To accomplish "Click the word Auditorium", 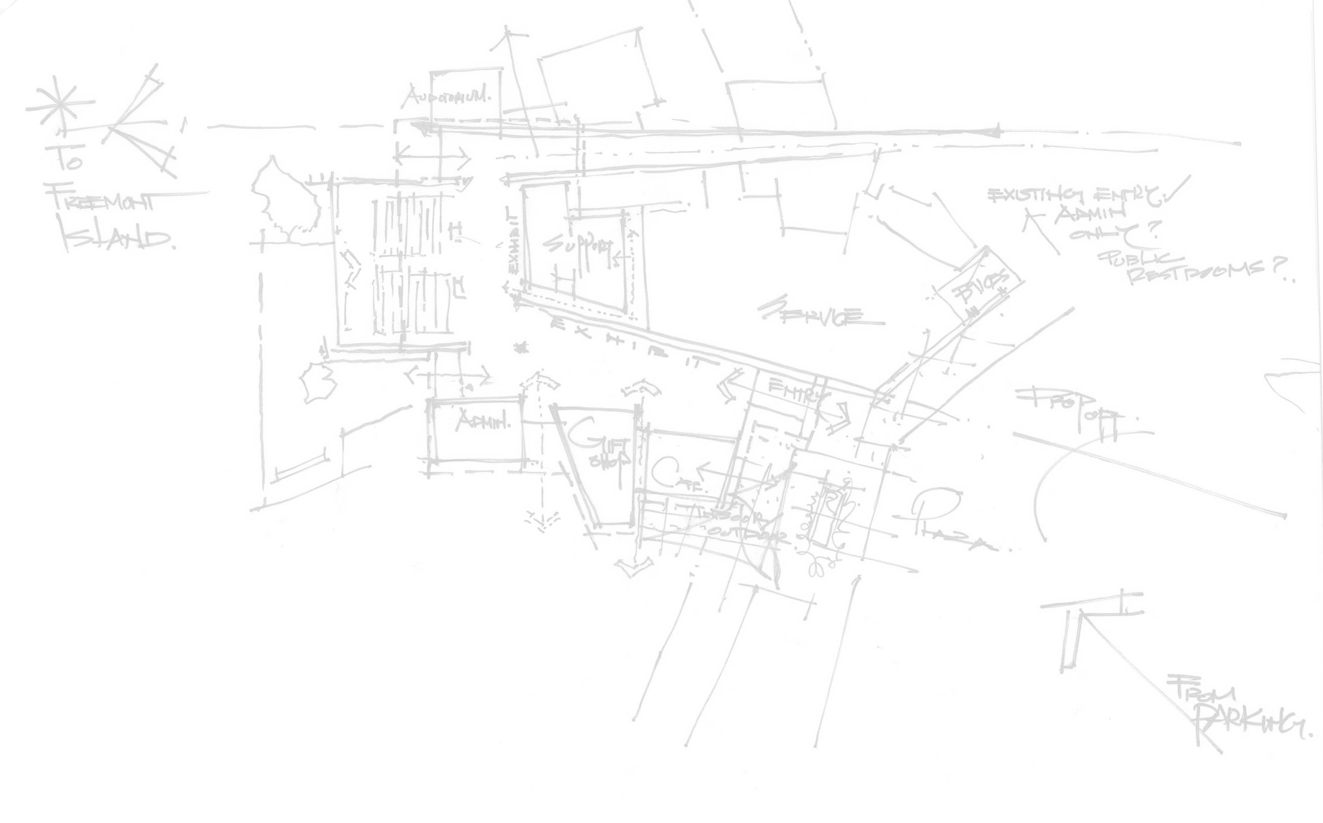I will tap(446, 98).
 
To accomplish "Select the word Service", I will tap(811, 313).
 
